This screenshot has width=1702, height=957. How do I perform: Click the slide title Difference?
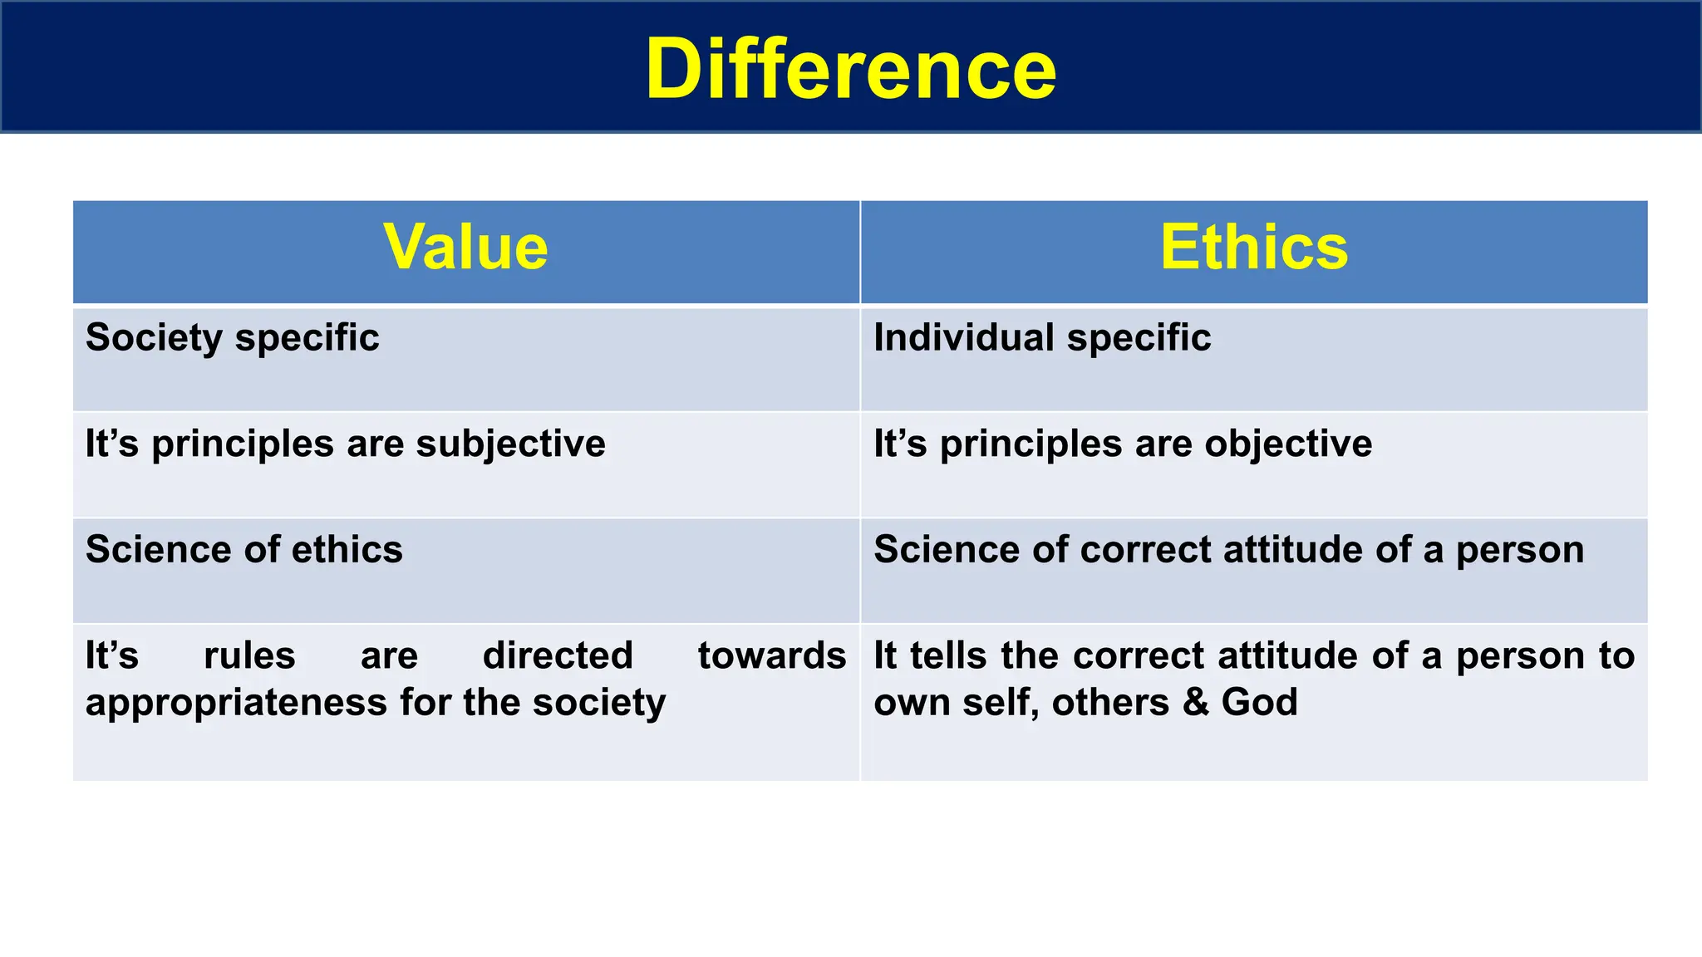850,70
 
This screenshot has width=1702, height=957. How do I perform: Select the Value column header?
465,248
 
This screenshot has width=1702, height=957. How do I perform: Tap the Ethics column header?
1253,248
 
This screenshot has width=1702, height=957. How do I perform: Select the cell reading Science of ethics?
244,550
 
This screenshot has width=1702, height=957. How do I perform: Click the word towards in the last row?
771,655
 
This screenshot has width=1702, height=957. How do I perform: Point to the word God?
1259,703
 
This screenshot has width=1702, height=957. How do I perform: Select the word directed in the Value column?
558,655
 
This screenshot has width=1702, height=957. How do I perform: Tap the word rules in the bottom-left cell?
249,655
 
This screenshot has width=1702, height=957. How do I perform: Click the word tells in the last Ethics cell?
951,655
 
